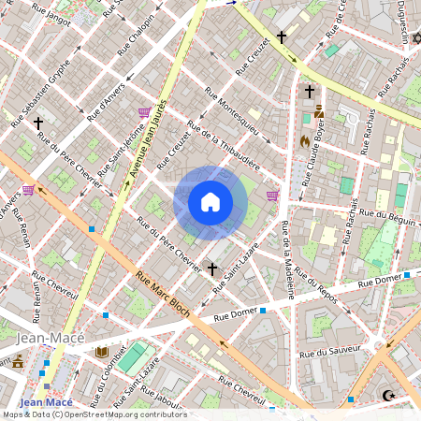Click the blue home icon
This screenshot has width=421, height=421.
coord(210,202)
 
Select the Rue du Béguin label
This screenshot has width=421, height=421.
coord(394,217)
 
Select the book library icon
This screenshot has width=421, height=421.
coord(102,353)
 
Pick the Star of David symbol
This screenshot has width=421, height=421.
coord(416,37)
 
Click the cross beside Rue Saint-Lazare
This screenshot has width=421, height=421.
coord(212,269)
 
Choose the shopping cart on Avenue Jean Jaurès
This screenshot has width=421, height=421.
coord(143,111)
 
